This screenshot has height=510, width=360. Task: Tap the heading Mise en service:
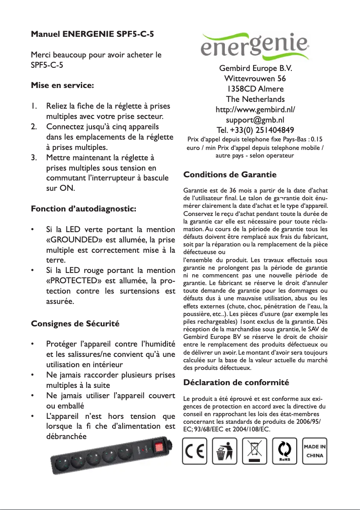coord(62,84)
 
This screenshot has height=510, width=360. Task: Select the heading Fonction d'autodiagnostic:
coord(83,209)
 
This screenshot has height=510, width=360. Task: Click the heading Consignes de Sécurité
coord(75,323)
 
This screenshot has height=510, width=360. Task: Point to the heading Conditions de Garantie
coord(230,174)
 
